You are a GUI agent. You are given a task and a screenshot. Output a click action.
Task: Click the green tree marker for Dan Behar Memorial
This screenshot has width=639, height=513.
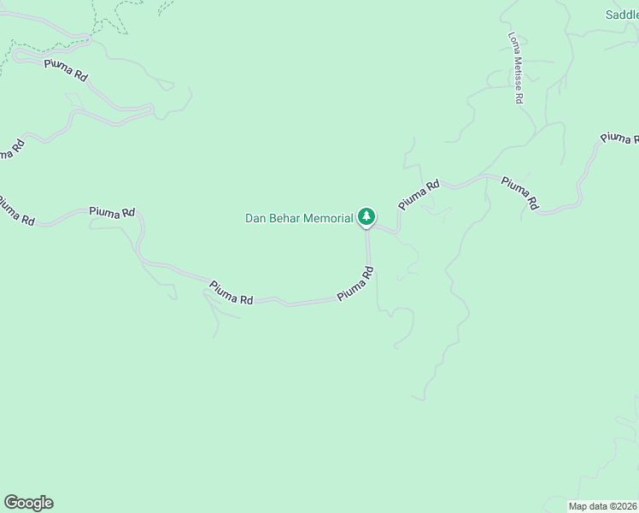[x=366, y=217]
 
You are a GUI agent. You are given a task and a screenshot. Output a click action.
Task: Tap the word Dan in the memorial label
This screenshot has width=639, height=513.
[x=255, y=218]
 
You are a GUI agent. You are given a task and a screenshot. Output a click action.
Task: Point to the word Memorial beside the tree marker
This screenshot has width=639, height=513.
[x=328, y=218]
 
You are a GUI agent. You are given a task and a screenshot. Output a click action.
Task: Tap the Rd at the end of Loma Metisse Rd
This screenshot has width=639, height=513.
[x=519, y=97]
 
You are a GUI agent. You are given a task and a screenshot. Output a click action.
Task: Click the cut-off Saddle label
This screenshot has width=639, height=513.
[x=622, y=15]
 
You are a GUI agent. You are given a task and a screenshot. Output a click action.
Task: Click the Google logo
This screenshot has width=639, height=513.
[x=28, y=503]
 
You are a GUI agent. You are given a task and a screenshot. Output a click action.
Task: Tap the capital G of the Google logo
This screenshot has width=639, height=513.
[x=11, y=502]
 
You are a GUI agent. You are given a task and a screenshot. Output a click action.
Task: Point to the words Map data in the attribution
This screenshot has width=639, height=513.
[x=589, y=505]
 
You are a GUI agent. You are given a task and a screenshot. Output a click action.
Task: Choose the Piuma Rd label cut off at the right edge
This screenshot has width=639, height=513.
[x=619, y=139]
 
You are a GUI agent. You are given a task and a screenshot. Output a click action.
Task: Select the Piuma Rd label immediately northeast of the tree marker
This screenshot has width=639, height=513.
[x=419, y=194]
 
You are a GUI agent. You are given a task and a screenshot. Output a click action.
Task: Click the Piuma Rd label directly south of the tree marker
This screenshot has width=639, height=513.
[x=355, y=283]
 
